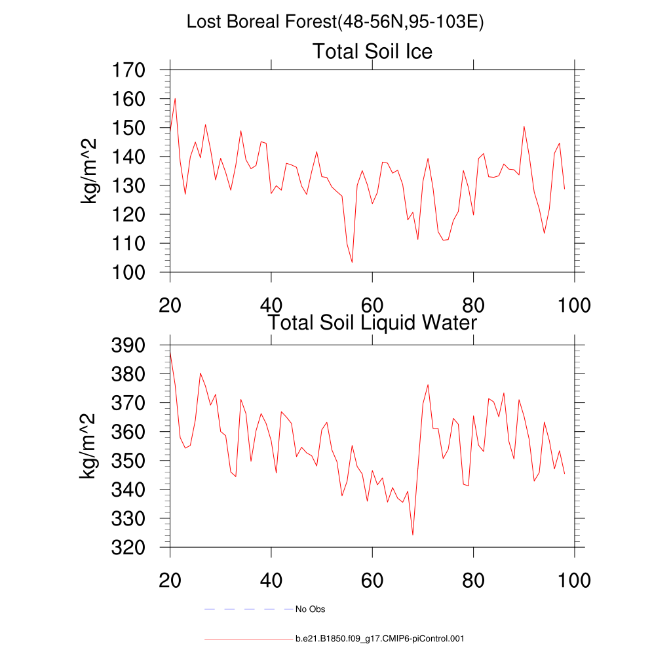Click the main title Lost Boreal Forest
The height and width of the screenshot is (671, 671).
[335, 22]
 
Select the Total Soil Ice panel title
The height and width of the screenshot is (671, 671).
[372, 51]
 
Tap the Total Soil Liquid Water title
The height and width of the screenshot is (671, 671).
[372, 322]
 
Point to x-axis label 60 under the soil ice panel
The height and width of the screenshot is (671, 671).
[372, 305]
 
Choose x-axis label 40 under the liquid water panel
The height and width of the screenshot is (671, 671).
[271, 581]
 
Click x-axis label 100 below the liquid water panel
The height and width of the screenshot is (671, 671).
[574, 581]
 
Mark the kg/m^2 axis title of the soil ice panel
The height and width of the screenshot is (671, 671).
[89, 171]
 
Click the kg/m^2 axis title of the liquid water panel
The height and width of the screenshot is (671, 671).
[89, 446]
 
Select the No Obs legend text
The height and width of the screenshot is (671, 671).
[310, 609]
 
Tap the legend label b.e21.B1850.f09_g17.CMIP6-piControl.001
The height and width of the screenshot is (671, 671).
[380, 638]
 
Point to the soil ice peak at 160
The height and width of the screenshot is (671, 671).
[175, 99]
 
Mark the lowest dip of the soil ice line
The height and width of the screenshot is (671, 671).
[352, 262]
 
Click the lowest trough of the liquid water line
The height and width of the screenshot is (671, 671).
[413, 535]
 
